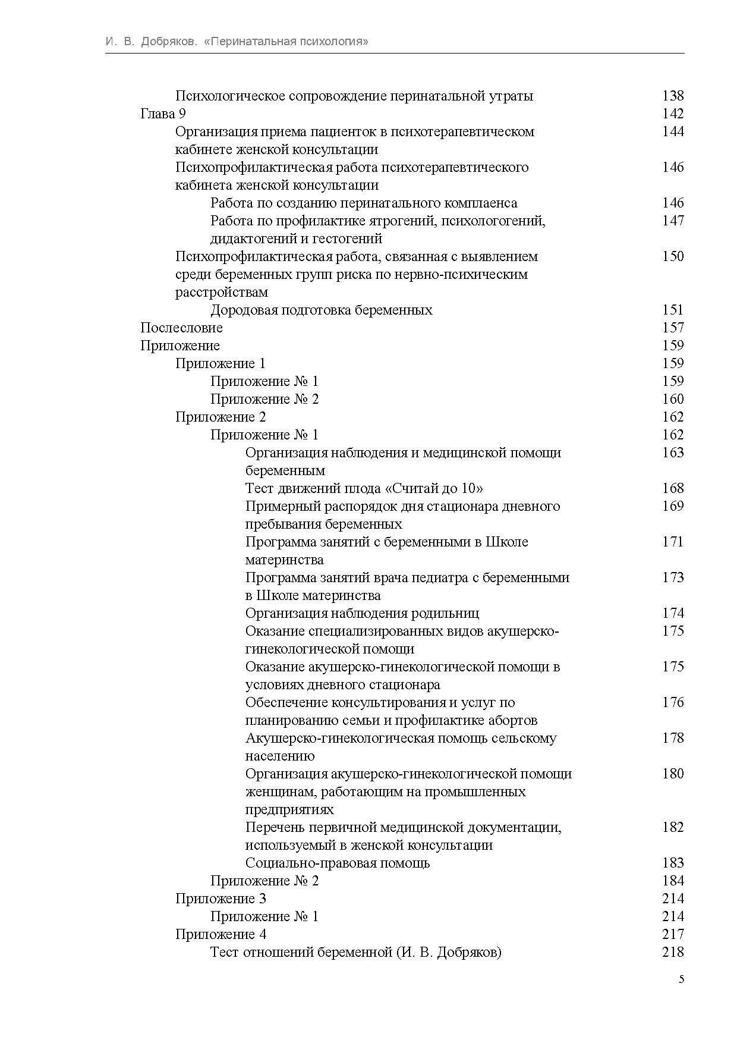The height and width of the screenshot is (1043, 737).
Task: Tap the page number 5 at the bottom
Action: [681, 980]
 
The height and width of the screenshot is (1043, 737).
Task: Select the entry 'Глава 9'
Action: [163, 114]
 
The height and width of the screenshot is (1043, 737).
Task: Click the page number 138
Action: [673, 96]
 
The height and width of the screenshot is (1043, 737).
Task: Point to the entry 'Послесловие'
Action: [181, 328]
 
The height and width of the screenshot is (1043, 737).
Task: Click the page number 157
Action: [673, 328]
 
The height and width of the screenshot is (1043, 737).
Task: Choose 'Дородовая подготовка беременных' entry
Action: [321, 310]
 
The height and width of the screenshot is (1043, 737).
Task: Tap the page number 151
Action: [673, 310]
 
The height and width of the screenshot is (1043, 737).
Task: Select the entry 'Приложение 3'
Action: [221, 899]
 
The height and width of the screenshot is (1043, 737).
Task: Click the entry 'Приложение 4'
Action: [221, 934]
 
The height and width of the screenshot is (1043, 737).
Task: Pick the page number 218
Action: [673, 952]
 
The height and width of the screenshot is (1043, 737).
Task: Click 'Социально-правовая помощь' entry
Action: [337, 863]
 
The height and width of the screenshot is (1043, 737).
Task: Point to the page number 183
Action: [673, 863]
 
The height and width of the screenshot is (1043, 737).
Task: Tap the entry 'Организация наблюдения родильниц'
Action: [362, 613]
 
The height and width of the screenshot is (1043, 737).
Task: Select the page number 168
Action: [673, 488]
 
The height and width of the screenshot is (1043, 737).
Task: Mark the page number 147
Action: [673, 221]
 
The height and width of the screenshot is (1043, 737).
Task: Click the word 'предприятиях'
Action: [289, 809]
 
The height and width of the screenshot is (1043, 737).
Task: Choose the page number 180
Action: [673, 774]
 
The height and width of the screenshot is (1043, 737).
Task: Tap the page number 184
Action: [673, 881]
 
